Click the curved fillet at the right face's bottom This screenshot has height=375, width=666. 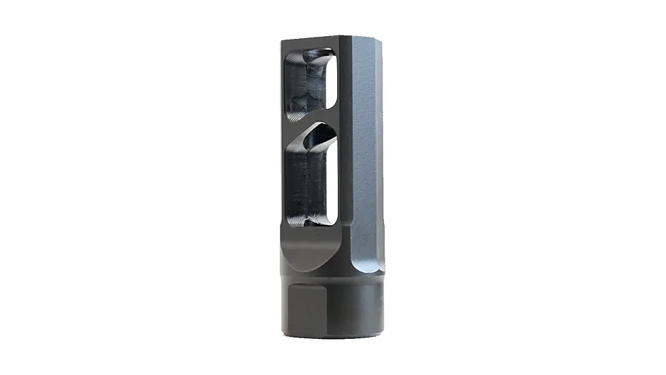(x=361, y=262)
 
